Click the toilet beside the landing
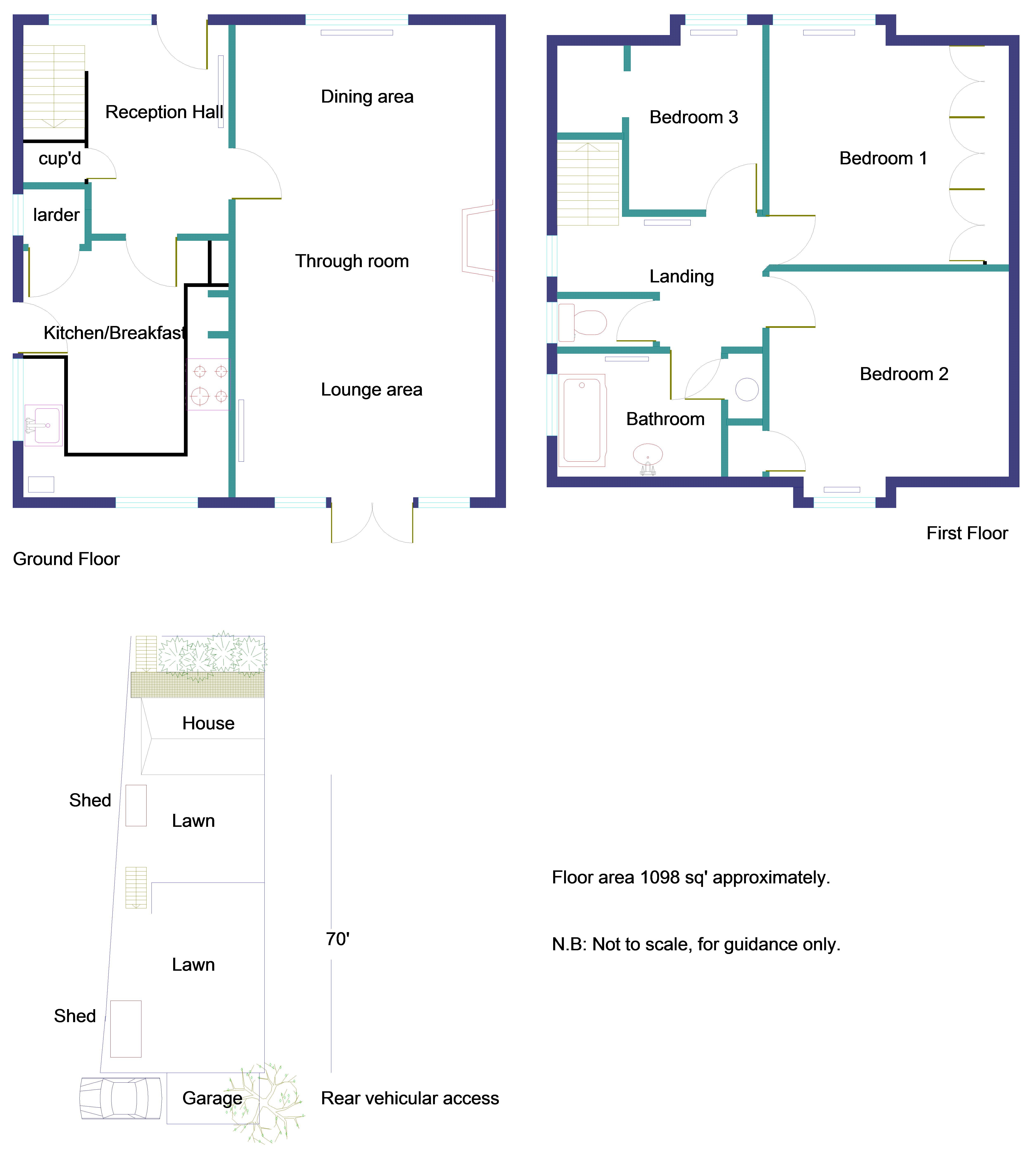[x=584, y=323]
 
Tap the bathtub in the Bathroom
[x=582, y=420]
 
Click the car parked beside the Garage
[x=121, y=1098]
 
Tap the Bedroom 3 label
[x=694, y=117]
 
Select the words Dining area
[x=367, y=97]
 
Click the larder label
[x=56, y=216]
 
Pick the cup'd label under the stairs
[x=59, y=159]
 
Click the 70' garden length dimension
[x=337, y=940]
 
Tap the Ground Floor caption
[x=66, y=559]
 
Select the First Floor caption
[x=967, y=534]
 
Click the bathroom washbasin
[x=647, y=455]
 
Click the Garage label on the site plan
[x=212, y=1098]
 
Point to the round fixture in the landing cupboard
[x=747, y=390]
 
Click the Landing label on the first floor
[x=682, y=277]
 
